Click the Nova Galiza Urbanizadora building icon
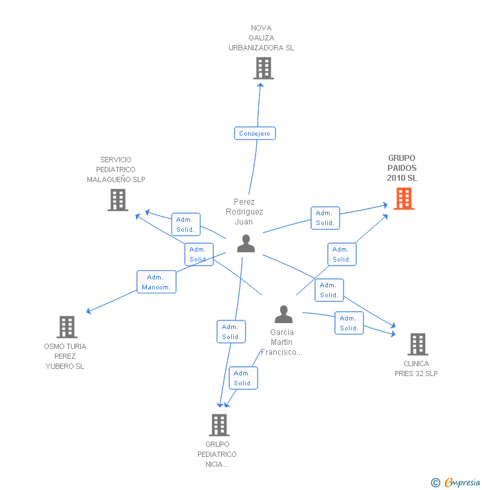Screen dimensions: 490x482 (263, 68)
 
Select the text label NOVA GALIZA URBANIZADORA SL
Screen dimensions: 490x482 (262, 38)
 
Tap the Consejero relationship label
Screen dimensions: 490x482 (255, 133)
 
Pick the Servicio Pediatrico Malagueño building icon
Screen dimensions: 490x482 (118, 200)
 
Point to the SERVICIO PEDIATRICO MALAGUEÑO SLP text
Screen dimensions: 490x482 (116, 170)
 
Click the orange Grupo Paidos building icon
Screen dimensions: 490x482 (404, 198)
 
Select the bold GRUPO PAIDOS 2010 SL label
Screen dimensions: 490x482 (402, 168)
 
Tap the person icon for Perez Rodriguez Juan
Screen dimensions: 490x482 (246, 244)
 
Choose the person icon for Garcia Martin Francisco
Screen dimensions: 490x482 (283, 314)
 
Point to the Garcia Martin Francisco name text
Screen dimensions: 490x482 (282, 342)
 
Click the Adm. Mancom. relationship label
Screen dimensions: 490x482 (156, 282)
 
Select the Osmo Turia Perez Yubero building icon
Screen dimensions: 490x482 (67, 326)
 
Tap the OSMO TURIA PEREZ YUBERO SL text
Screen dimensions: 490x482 (65, 356)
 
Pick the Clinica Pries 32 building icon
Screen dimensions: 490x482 (417, 344)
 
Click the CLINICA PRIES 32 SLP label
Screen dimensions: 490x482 (416, 368)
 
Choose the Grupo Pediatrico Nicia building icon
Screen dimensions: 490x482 (218, 424)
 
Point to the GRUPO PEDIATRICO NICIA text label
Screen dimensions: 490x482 (217, 454)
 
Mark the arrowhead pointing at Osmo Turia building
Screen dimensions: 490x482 (89, 311)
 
